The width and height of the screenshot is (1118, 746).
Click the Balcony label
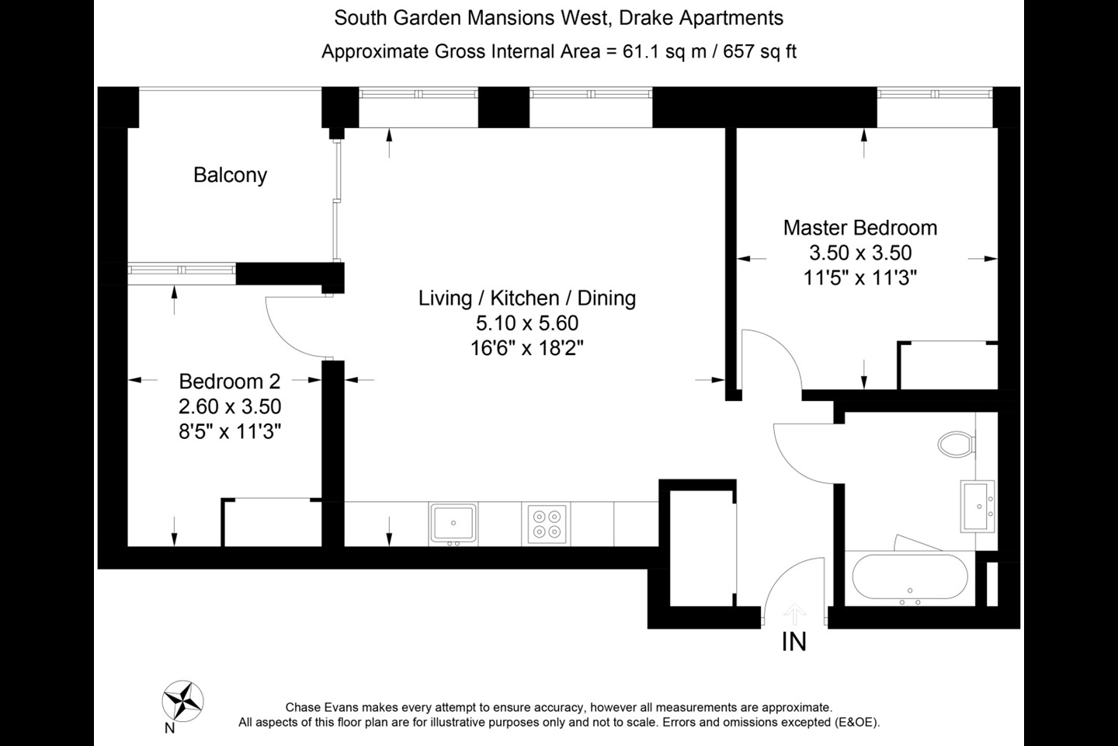(230, 175)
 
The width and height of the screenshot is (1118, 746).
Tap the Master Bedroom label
(859, 228)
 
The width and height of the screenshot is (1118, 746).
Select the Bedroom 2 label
(229, 381)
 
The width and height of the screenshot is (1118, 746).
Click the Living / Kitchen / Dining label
(526, 298)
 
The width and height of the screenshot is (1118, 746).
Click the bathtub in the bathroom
(910, 579)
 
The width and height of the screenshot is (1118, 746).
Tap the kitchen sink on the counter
(453, 523)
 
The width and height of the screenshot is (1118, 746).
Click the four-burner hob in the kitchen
(547, 523)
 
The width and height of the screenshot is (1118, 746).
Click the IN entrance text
(793, 642)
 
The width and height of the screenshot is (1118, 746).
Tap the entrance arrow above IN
(793, 614)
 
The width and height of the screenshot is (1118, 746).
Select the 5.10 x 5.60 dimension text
(526, 323)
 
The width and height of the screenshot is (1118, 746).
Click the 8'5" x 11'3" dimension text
(229, 431)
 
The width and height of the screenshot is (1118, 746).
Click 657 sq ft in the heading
(760, 52)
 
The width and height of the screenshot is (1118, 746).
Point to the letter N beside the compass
(169, 728)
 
